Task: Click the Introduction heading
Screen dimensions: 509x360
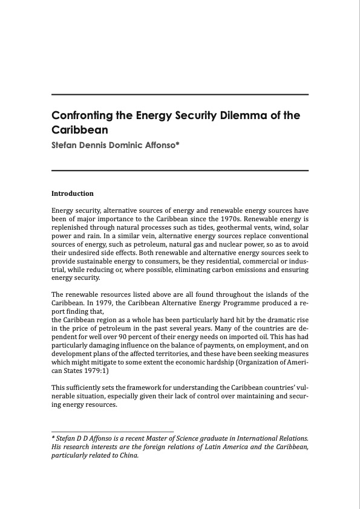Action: point(73,193)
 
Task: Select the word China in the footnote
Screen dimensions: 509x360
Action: point(130,455)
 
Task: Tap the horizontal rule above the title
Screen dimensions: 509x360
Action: point(180,95)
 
